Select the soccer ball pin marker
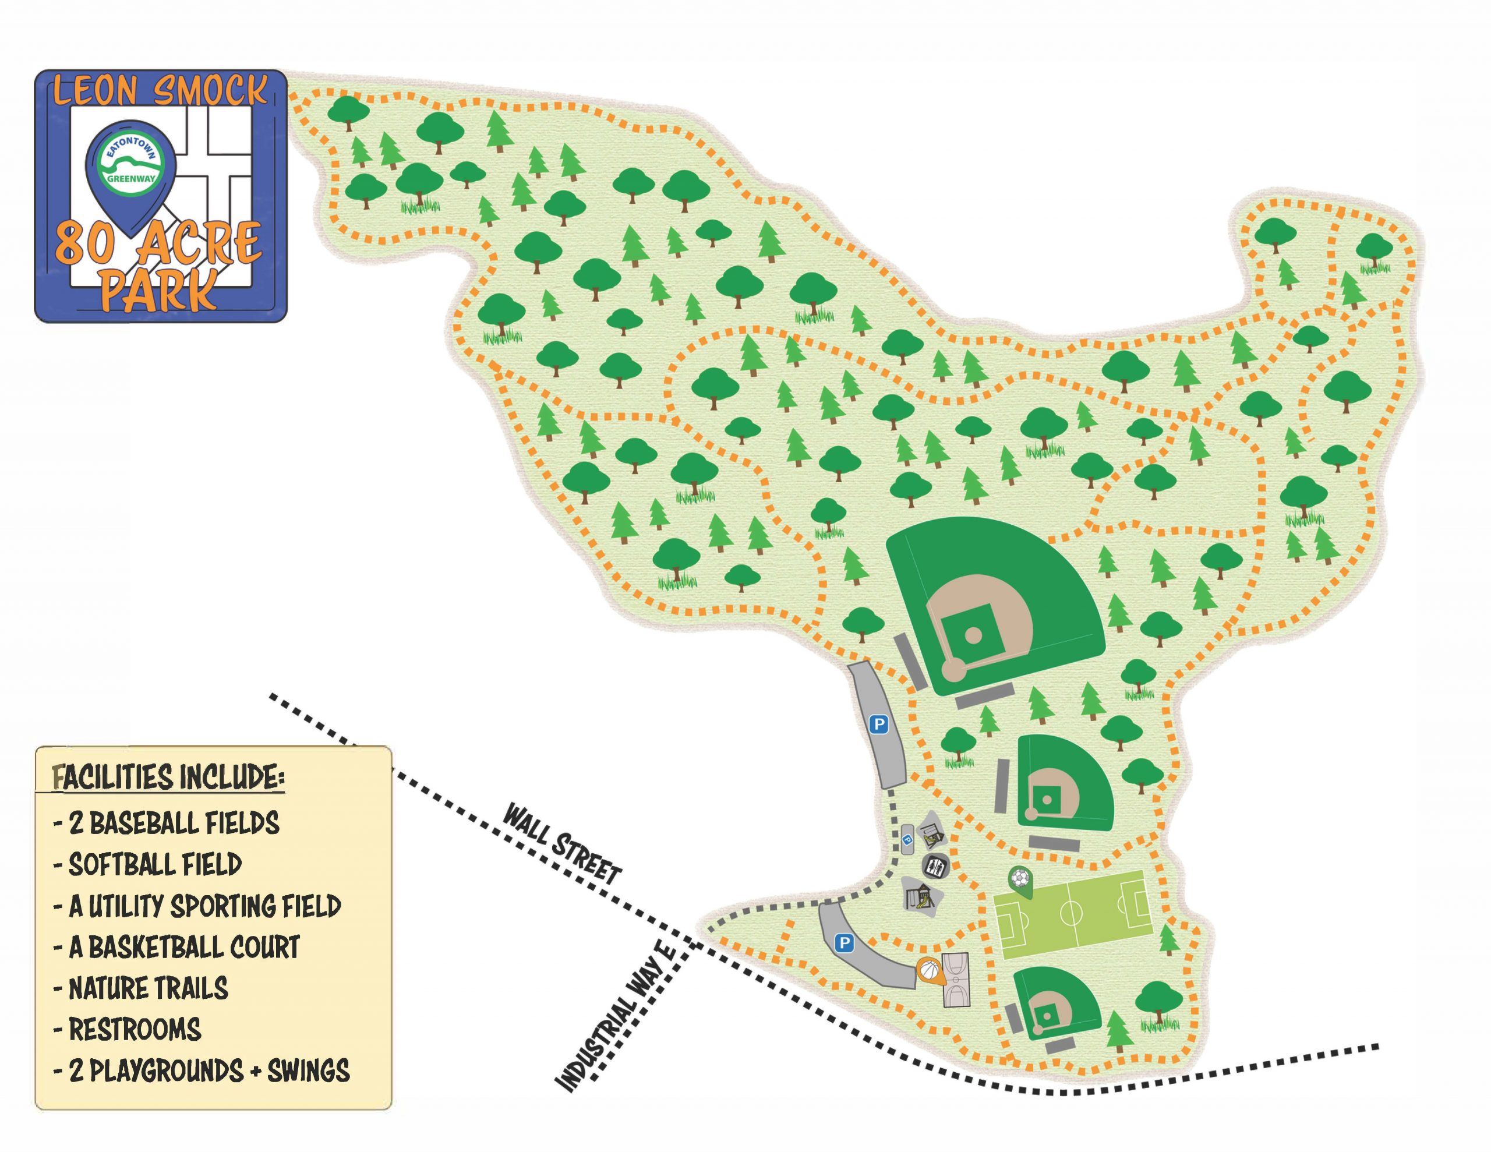tap(1019, 879)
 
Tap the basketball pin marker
tap(929, 970)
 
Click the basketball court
tap(956, 981)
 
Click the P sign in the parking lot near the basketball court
tap(845, 943)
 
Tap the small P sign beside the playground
tap(908, 839)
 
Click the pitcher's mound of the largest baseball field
tap(973, 635)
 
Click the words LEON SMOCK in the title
tap(160, 92)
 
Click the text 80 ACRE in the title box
tap(158, 242)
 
